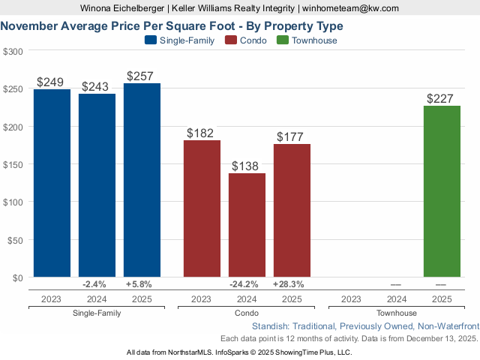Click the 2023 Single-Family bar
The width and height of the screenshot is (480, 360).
pos(52,183)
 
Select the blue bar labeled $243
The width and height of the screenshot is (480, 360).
pos(97,185)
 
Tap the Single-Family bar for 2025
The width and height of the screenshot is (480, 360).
pos(142,180)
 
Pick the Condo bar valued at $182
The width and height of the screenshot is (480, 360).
pos(202,208)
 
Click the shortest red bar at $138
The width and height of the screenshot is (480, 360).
pos(247,225)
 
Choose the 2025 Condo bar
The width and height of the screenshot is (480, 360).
pos(292,210)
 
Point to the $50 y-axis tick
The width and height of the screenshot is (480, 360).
pos(15,239)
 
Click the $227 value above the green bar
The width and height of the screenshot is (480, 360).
pos(442,99)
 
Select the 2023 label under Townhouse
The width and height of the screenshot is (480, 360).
pos(352,298)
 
